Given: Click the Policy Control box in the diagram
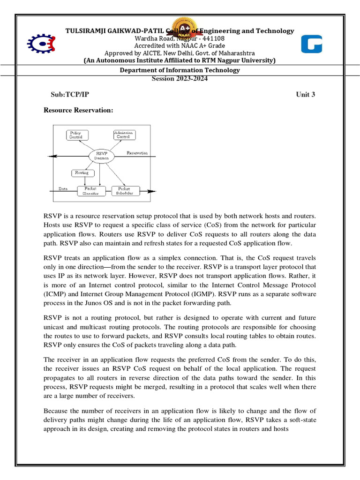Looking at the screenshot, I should [x=75, y=135].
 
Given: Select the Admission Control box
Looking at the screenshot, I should [x=124, y=135].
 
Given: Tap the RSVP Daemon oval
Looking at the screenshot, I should [x=102, y=156].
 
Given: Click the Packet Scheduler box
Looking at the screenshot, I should [x=125, y=191].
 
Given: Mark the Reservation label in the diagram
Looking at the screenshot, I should [x=137, y=153].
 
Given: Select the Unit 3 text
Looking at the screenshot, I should [x=305, y=94].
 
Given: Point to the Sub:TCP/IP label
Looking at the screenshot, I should [x=70, y=94].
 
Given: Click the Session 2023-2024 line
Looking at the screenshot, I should [x=180, y=78].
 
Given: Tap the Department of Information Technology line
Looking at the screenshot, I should [x=180, y=70].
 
